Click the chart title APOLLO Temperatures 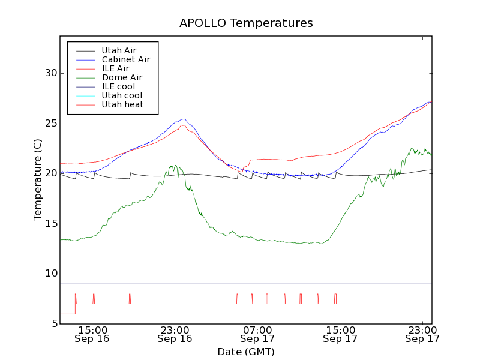(x=246, y=23)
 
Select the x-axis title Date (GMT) (x=245, y=352)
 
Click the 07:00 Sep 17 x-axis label (x=257, y=334)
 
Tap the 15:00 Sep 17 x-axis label (x=340, y=334)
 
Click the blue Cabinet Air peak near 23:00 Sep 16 (x=183, y=119)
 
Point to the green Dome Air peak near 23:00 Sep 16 (x=175, y=166)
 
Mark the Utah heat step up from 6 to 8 (x=75, y=304)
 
